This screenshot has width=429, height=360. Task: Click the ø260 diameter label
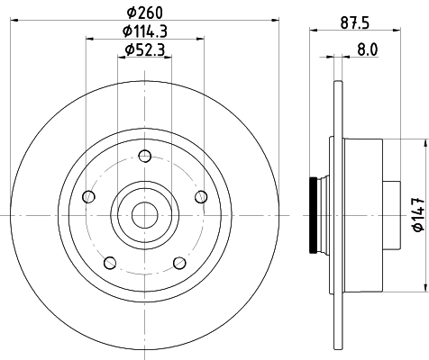pos(144,12)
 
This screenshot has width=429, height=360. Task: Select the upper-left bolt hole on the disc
pos(87,197)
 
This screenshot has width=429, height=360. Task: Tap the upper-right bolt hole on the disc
pos(201,197)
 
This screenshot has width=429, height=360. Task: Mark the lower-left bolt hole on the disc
pos(109,263)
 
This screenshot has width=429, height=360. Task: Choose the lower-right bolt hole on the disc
pos(179,263)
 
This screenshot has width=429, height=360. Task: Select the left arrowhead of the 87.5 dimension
pos(314,31)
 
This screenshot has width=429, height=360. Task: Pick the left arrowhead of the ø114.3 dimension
pos(89,38)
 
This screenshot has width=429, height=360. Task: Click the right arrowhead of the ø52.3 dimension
pos(167,56)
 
